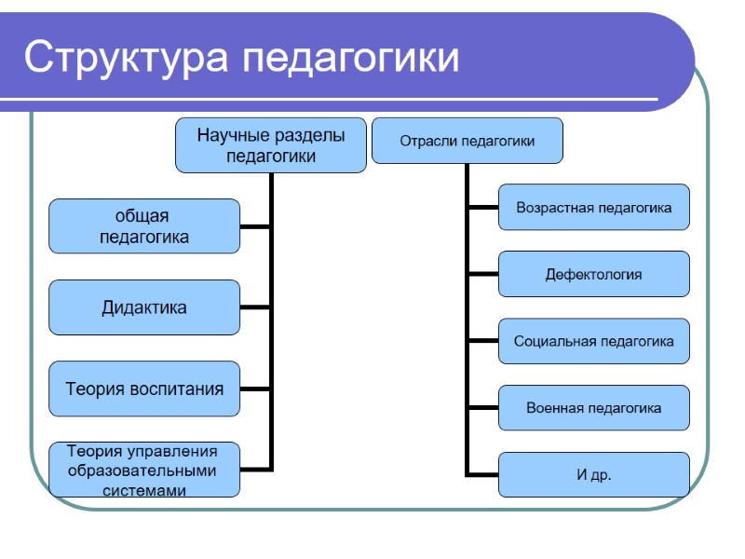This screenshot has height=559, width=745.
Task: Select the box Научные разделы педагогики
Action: coord(270,145)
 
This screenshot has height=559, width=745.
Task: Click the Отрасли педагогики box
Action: coord(467,142)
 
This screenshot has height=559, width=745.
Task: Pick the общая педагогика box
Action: coord(144,226)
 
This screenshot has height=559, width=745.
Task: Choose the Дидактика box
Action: coord(144,307)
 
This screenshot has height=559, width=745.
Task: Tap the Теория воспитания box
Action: coord(144,389)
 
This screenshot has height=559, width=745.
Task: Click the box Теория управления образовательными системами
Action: coord(144,470)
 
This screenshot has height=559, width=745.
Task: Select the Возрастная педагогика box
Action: coord(594,208)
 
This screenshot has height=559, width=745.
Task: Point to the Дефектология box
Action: coord(594,275)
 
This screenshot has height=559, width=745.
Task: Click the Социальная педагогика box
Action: coord(594,341)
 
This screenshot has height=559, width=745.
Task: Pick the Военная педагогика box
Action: coord(594,408)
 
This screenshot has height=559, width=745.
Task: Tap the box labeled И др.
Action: coord(594,475)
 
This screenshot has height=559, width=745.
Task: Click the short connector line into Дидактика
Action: coord(256,307)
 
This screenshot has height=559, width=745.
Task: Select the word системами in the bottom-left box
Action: coord(144,489)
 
